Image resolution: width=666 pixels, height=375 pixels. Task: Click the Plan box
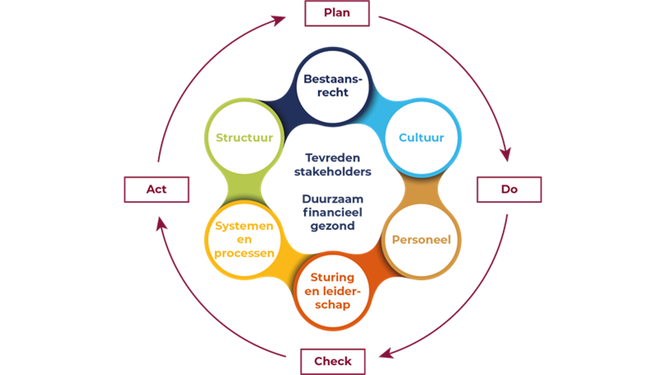[x=337, y=13]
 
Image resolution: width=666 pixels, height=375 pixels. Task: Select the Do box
[x=509, y=189]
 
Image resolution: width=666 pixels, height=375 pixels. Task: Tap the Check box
[x=332, y=361]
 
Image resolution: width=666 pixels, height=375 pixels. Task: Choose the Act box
[x=157, y=190]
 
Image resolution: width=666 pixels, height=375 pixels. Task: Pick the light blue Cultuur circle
[x=421, y=138]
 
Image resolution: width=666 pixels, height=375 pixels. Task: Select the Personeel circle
[x=421, y=240]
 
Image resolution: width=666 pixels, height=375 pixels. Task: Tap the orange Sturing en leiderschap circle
[x=332, y=291]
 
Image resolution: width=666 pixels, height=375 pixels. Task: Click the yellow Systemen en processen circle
[x=244, y=239]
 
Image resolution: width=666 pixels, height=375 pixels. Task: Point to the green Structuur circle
[x=244, y=138]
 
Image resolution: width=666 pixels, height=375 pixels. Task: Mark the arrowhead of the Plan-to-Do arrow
[x=506, y=155]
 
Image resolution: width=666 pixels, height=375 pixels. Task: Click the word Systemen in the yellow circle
[x=244, y=226]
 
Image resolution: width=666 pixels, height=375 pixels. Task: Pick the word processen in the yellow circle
[x=244, y=253]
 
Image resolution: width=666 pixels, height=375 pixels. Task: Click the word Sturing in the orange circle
[x=332, y=277]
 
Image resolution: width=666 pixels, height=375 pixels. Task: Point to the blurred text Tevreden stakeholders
[x=332, y=164]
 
